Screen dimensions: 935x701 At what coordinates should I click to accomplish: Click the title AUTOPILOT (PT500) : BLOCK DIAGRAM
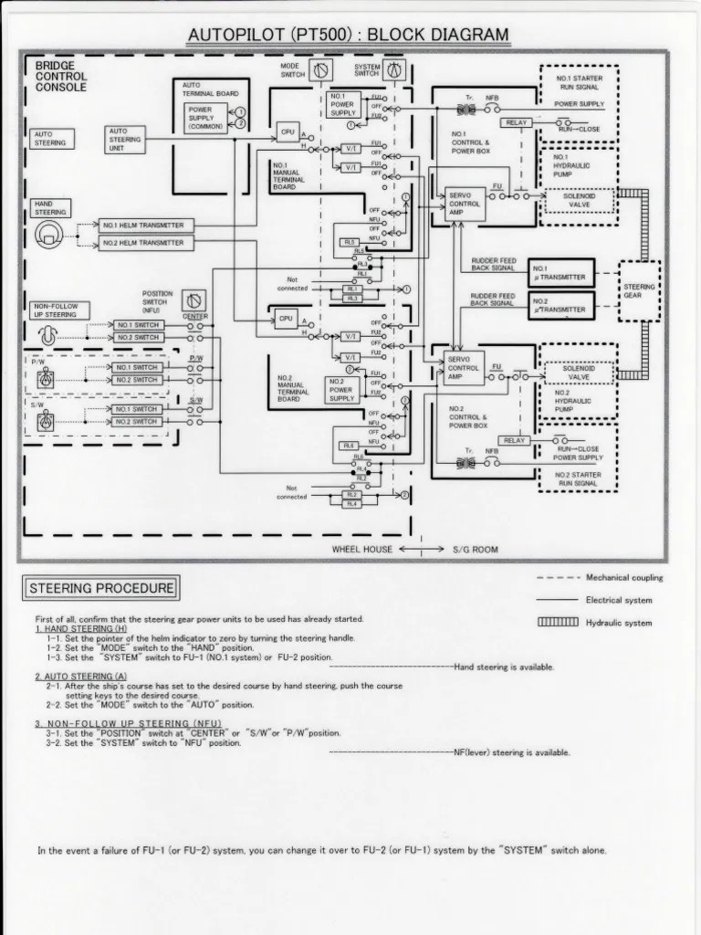(348, 36)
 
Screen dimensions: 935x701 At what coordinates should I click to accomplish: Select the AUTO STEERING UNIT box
(126, 139)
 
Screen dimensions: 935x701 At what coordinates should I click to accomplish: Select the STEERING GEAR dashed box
(639, 290)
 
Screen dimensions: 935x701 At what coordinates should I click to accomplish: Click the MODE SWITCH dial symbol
(319, 71)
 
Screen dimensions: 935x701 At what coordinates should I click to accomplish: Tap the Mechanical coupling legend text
(624, 578)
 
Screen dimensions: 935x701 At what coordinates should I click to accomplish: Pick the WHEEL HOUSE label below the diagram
(361, 550)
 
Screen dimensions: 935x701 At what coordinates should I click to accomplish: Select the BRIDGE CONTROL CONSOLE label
(60, 78)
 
